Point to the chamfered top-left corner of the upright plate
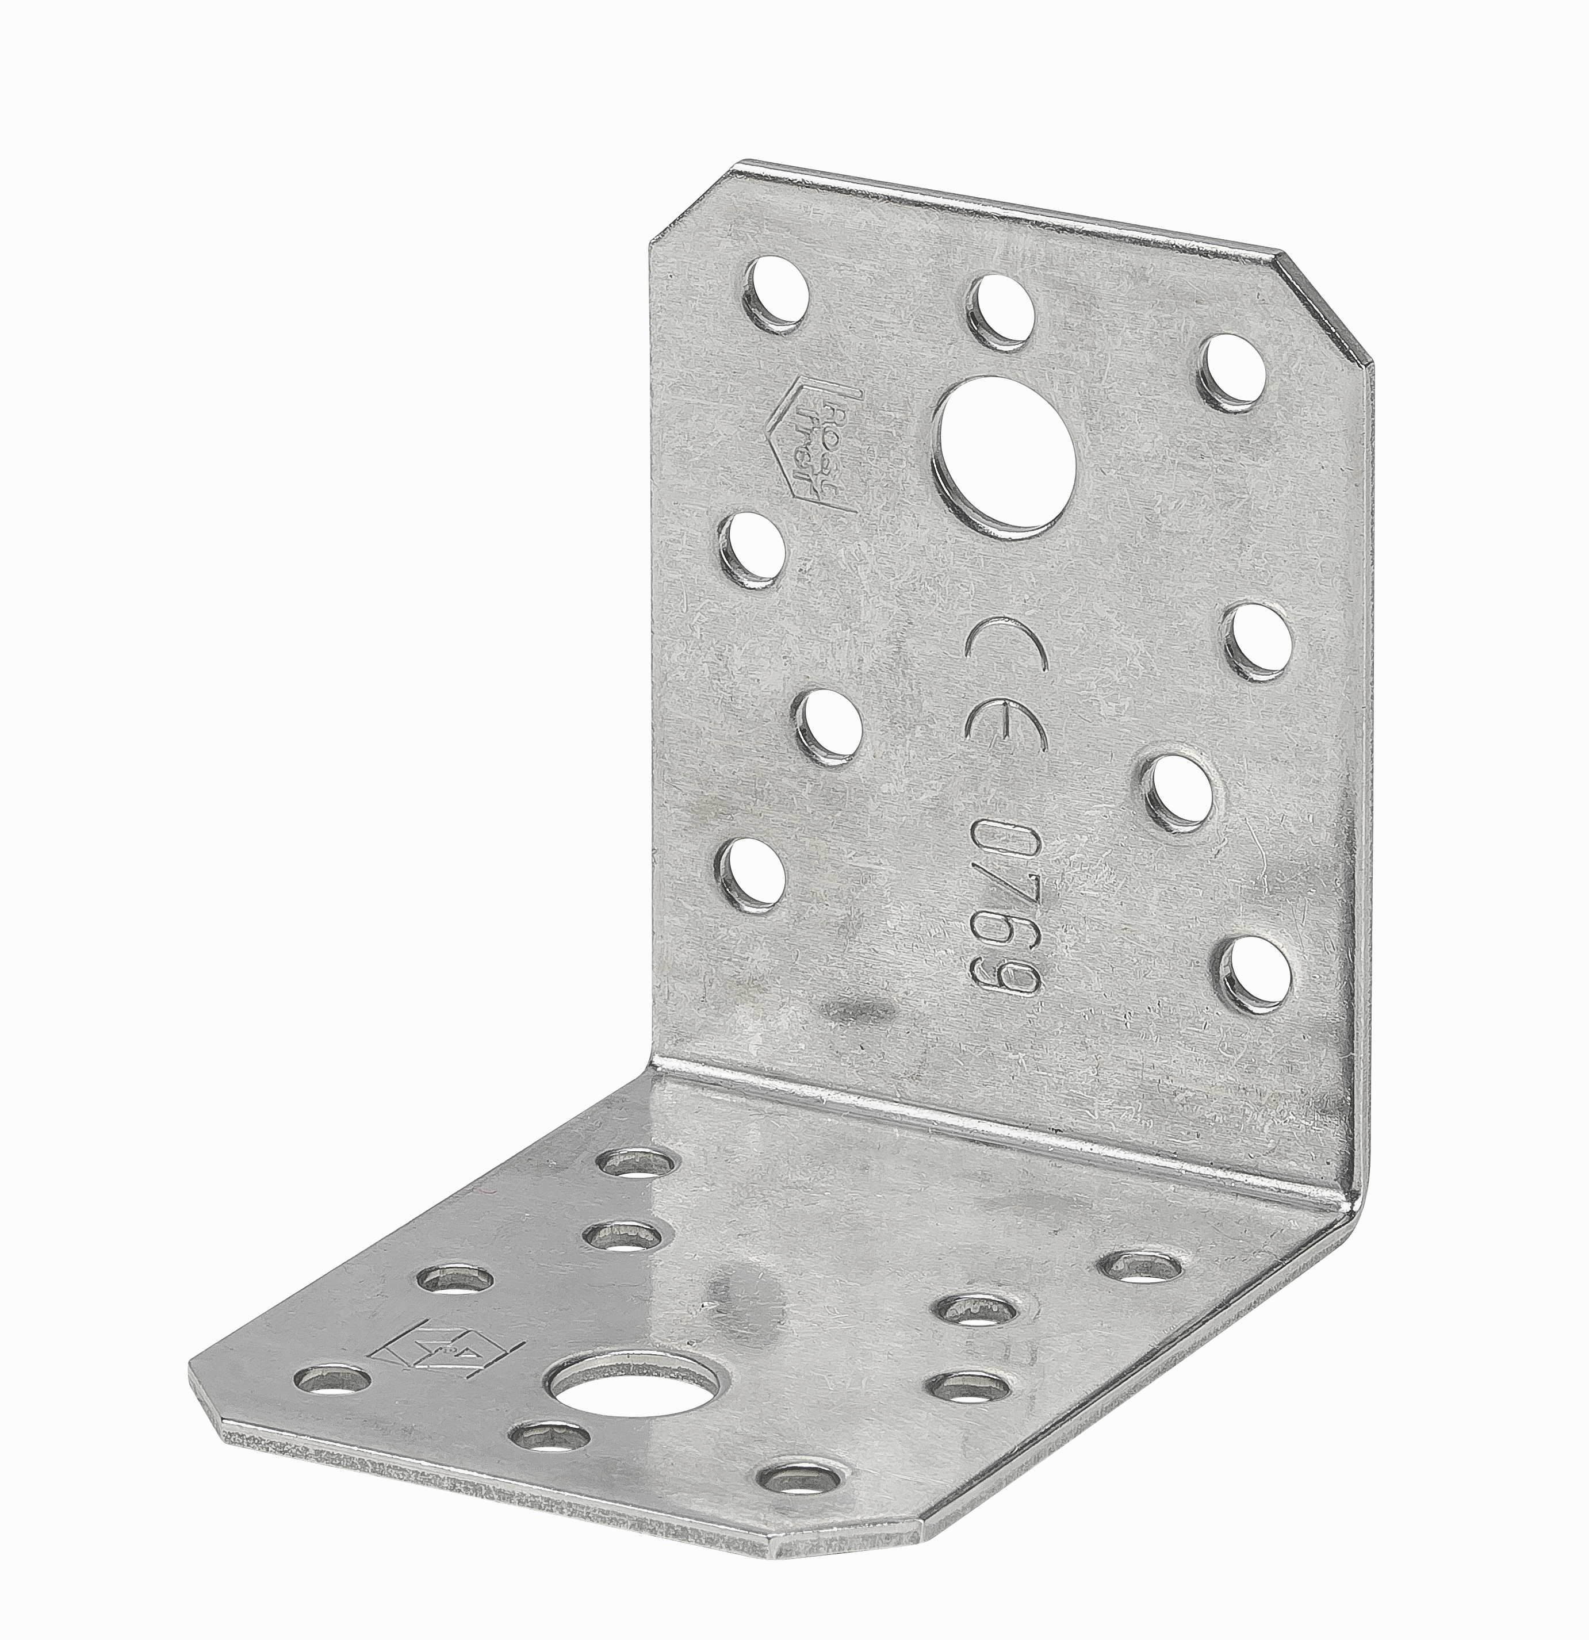pyautogui.click(x=686, y=201)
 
